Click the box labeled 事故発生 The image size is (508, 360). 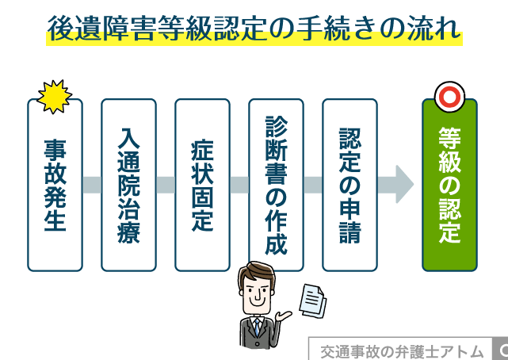tap(55, 186)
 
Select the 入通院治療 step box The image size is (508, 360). tap(128, 186)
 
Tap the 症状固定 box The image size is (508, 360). tap(202, 186)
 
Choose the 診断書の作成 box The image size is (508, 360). tap(276, 186)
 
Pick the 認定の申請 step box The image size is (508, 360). tap(349, 186)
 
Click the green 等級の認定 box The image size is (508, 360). tap(449, 186)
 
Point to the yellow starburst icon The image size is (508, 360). tap(55, 96)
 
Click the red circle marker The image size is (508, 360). tap(449, 97)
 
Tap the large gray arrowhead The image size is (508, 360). tap(403, 186)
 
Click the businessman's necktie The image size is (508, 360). tap(257, 329)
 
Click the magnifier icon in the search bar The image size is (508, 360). tap(502, 350)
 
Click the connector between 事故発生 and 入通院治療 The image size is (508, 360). tap(92, 186)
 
